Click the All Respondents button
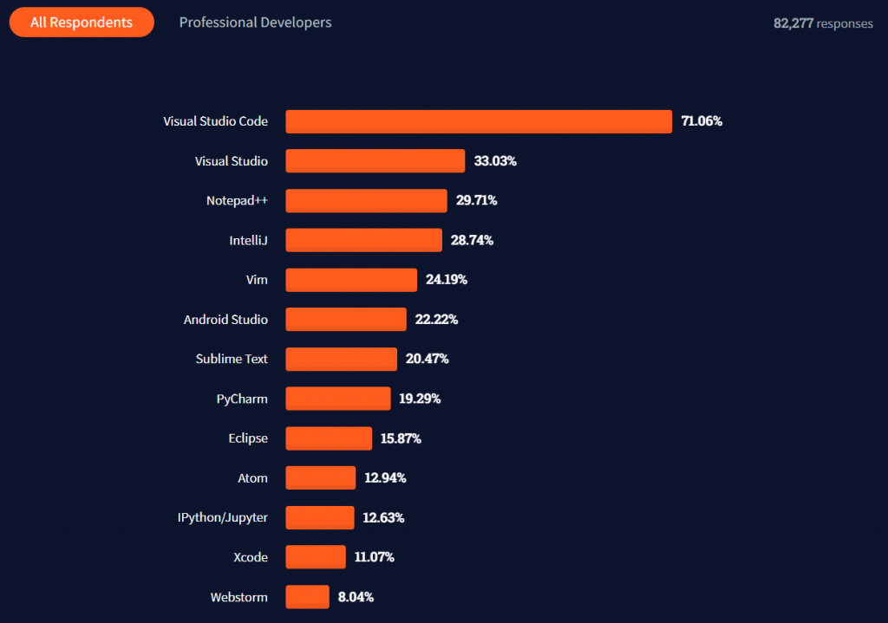pos(82,23)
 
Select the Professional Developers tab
pos(255,23)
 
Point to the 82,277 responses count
pos(823,23)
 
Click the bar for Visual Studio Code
pos(479,121)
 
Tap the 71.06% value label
pos(702,121)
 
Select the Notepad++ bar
pos(366,200)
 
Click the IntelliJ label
pos(248,240)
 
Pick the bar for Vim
pos(351,280)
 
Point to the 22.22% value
pos(436,320)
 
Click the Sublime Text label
pos(232,359)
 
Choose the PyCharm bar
pos(338,399)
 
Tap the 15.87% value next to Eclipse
pos(401,438)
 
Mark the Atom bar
pos(321,477)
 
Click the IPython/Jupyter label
pos(222,517)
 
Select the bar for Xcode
pos(316,557)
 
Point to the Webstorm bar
pos(308,597)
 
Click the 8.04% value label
pos(356,597)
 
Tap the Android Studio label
pos(225,320)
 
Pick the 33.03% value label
pos(495,161)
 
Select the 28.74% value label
pos(472,240)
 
